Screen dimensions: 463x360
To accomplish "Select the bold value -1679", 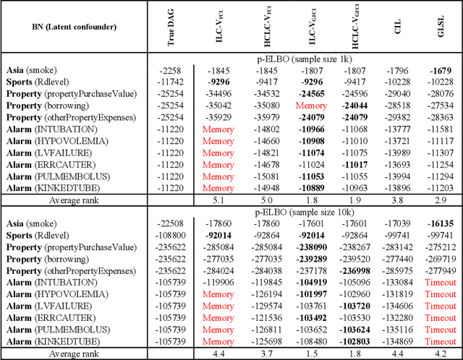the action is point(441,71).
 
